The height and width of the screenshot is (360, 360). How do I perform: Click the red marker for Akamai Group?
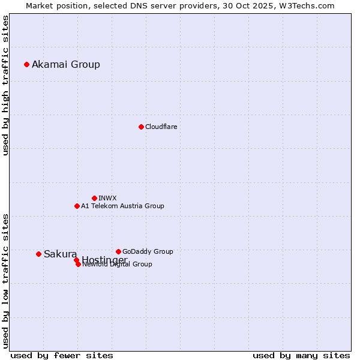(x=26, y=64)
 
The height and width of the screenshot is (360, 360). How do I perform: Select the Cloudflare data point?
(x=141, y=127)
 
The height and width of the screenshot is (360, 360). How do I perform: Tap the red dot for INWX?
(x=94, y=198)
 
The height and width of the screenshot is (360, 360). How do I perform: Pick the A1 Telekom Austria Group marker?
(x=77, y=206)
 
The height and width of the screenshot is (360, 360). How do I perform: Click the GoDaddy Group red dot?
(x=118, y=251)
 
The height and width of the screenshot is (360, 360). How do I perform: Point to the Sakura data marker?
(x=38, y=254)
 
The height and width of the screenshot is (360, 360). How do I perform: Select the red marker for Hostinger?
(x=76, y=260)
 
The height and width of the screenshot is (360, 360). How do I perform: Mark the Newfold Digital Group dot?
(x=79, y=264)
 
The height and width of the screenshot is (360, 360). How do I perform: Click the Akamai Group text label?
(x=66, y=65)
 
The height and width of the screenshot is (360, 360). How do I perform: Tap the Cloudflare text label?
(x=161, y=127)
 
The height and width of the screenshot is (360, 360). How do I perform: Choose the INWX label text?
(x=107, y=198)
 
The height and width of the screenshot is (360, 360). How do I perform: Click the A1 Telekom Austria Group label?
(x=122, y=206)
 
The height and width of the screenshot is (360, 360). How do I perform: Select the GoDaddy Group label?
(x=148, y=251)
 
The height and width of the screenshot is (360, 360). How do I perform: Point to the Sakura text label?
(x=60, y=254)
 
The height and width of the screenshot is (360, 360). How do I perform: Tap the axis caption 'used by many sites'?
(x=301, y=355)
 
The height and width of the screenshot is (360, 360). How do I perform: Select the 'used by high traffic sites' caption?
(x=6, y=85)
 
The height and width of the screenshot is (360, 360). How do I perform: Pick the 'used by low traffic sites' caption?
(x=6, y=280)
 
